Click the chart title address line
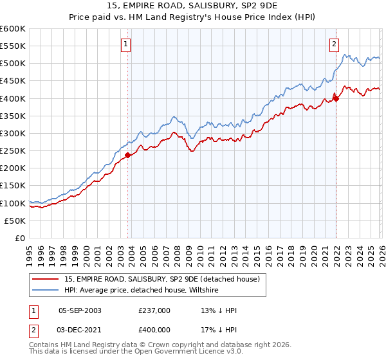[193, 6]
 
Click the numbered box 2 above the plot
[335, 44]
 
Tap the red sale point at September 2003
[127, 155]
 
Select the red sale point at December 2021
[336, 98]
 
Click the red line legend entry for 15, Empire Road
[161, 279]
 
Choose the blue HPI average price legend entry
[142, 291]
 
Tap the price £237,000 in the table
[154, 310]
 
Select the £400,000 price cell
[154, 329]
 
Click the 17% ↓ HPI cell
[219, 329]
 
